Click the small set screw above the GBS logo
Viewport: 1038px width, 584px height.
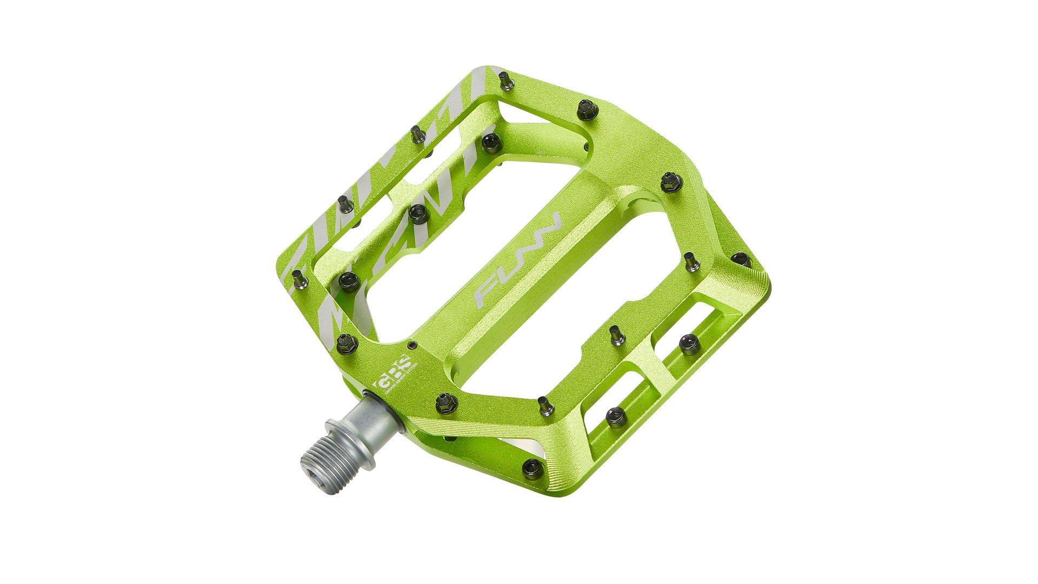[x=412, y=345]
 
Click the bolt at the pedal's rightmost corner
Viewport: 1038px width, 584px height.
[x=739, y=258]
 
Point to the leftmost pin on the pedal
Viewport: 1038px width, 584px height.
[x=299, y=279]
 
